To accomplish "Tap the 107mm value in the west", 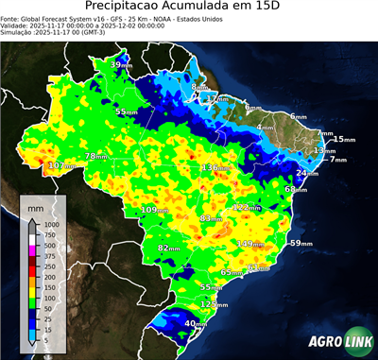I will click(61, 166).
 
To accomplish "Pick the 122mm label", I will click(247, 207).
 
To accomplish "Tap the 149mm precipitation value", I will click(250, 244).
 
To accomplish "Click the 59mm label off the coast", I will click(301, 244).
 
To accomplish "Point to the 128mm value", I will click(215, 304).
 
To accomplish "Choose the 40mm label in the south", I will click(195, 324).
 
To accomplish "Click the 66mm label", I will click(296, 189).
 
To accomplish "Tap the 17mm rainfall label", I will click(217, 98).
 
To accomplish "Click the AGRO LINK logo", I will click(335, 341).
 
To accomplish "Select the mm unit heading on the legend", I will click(36, 205).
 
